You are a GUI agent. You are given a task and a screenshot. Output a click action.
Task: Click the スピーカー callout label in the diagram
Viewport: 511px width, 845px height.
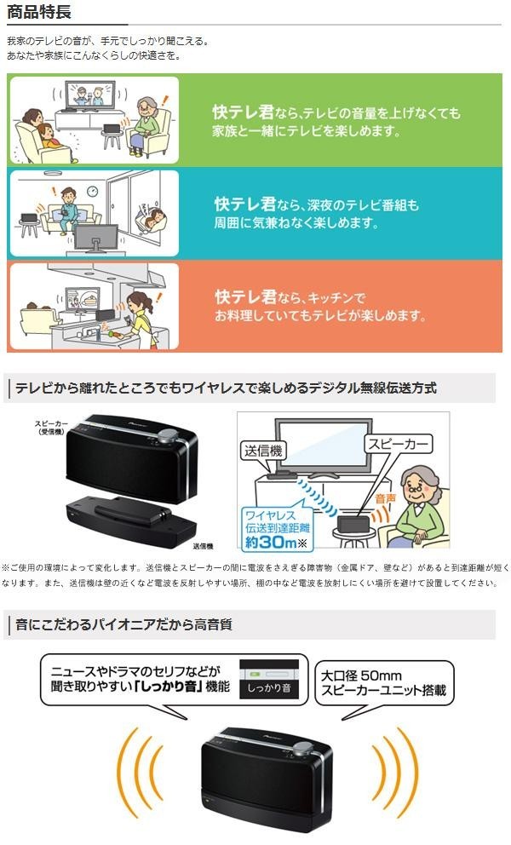399,444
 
